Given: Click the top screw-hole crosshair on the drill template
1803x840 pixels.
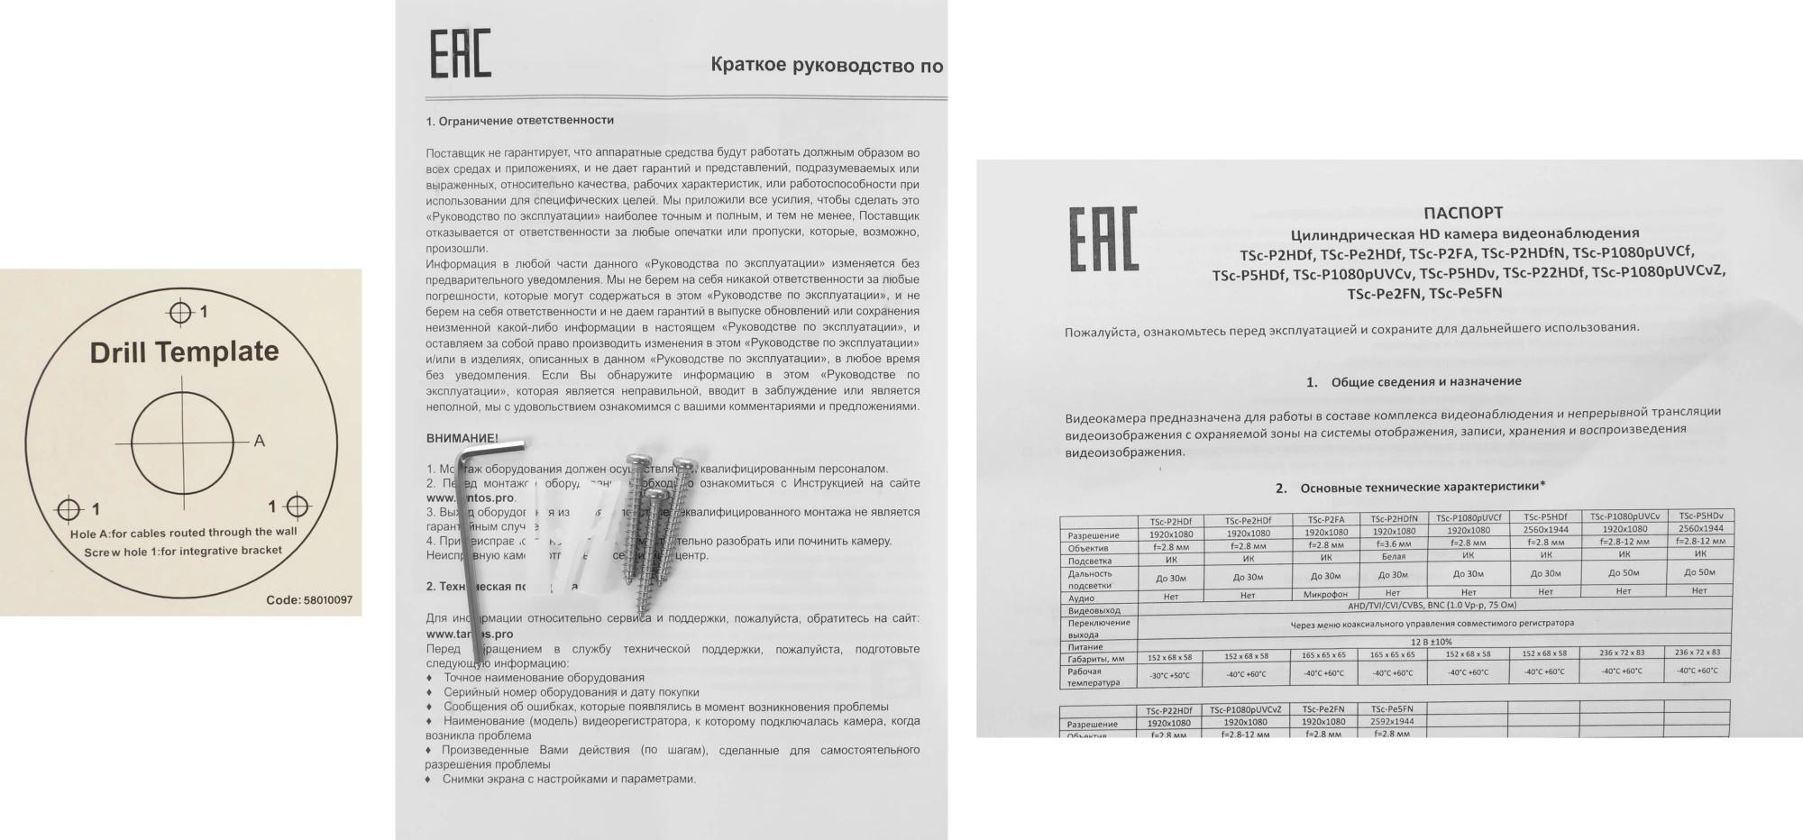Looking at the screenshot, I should (180, 313).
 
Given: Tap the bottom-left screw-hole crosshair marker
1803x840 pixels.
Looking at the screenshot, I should (69, 509).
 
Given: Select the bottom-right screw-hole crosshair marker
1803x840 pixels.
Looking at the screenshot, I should (297, 507).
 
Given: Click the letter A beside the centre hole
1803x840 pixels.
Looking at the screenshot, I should (260, 441).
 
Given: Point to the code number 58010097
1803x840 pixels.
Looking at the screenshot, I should (328, 600).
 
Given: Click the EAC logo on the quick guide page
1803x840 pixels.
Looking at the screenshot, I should (460, 53).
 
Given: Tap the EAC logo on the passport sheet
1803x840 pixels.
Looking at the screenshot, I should (1103, 239).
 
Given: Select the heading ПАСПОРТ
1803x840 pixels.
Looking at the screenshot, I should (1462, 213).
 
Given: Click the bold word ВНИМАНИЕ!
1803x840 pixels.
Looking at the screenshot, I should (462, 438).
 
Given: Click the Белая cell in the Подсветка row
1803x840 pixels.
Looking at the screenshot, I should (1393, 557).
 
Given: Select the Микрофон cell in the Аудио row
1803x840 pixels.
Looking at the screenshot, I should (1325, 595).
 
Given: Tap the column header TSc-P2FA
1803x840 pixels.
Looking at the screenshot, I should (1325, 520).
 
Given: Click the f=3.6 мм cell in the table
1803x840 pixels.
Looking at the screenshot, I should (1394, 543).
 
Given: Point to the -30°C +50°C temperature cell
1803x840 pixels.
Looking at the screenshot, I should (1169, 675).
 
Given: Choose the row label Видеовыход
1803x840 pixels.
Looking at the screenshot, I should (1094, 611).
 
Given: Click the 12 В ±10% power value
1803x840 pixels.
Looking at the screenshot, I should (1432, 642).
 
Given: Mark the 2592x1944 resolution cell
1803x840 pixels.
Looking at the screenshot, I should (1392, 721).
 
